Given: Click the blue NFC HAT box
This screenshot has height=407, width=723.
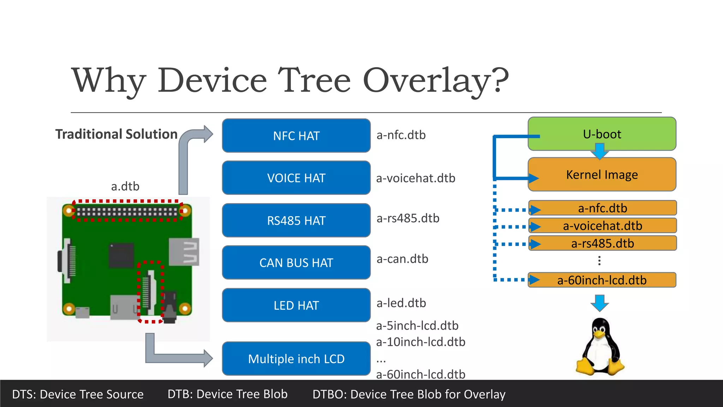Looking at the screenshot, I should [296, 136].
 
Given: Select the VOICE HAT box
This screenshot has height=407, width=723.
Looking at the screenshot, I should [296, 178].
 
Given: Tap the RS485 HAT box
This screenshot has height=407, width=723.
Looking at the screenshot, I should [296, 220].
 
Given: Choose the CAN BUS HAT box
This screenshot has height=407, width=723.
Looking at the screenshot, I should [296, 263].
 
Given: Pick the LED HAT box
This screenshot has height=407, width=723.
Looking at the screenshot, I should [296, 305].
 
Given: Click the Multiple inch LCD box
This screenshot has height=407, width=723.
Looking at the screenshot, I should [296, 359].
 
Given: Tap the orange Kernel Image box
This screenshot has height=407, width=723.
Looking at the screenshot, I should [602, 175].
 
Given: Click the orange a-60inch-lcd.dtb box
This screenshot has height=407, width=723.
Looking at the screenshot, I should [602, 280].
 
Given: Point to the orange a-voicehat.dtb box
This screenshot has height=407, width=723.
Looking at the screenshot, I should [602, 226].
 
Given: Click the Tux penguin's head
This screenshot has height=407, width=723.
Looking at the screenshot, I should [600, 329].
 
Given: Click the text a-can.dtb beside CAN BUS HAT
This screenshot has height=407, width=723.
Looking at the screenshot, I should [402, 259].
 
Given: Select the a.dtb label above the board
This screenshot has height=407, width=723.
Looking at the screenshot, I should [125, 186].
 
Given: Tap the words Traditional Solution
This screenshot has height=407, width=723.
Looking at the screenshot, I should [116, 134].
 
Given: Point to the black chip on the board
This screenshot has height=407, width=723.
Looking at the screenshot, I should [121, 255].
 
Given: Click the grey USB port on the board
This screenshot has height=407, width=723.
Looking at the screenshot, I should [184, 252].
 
